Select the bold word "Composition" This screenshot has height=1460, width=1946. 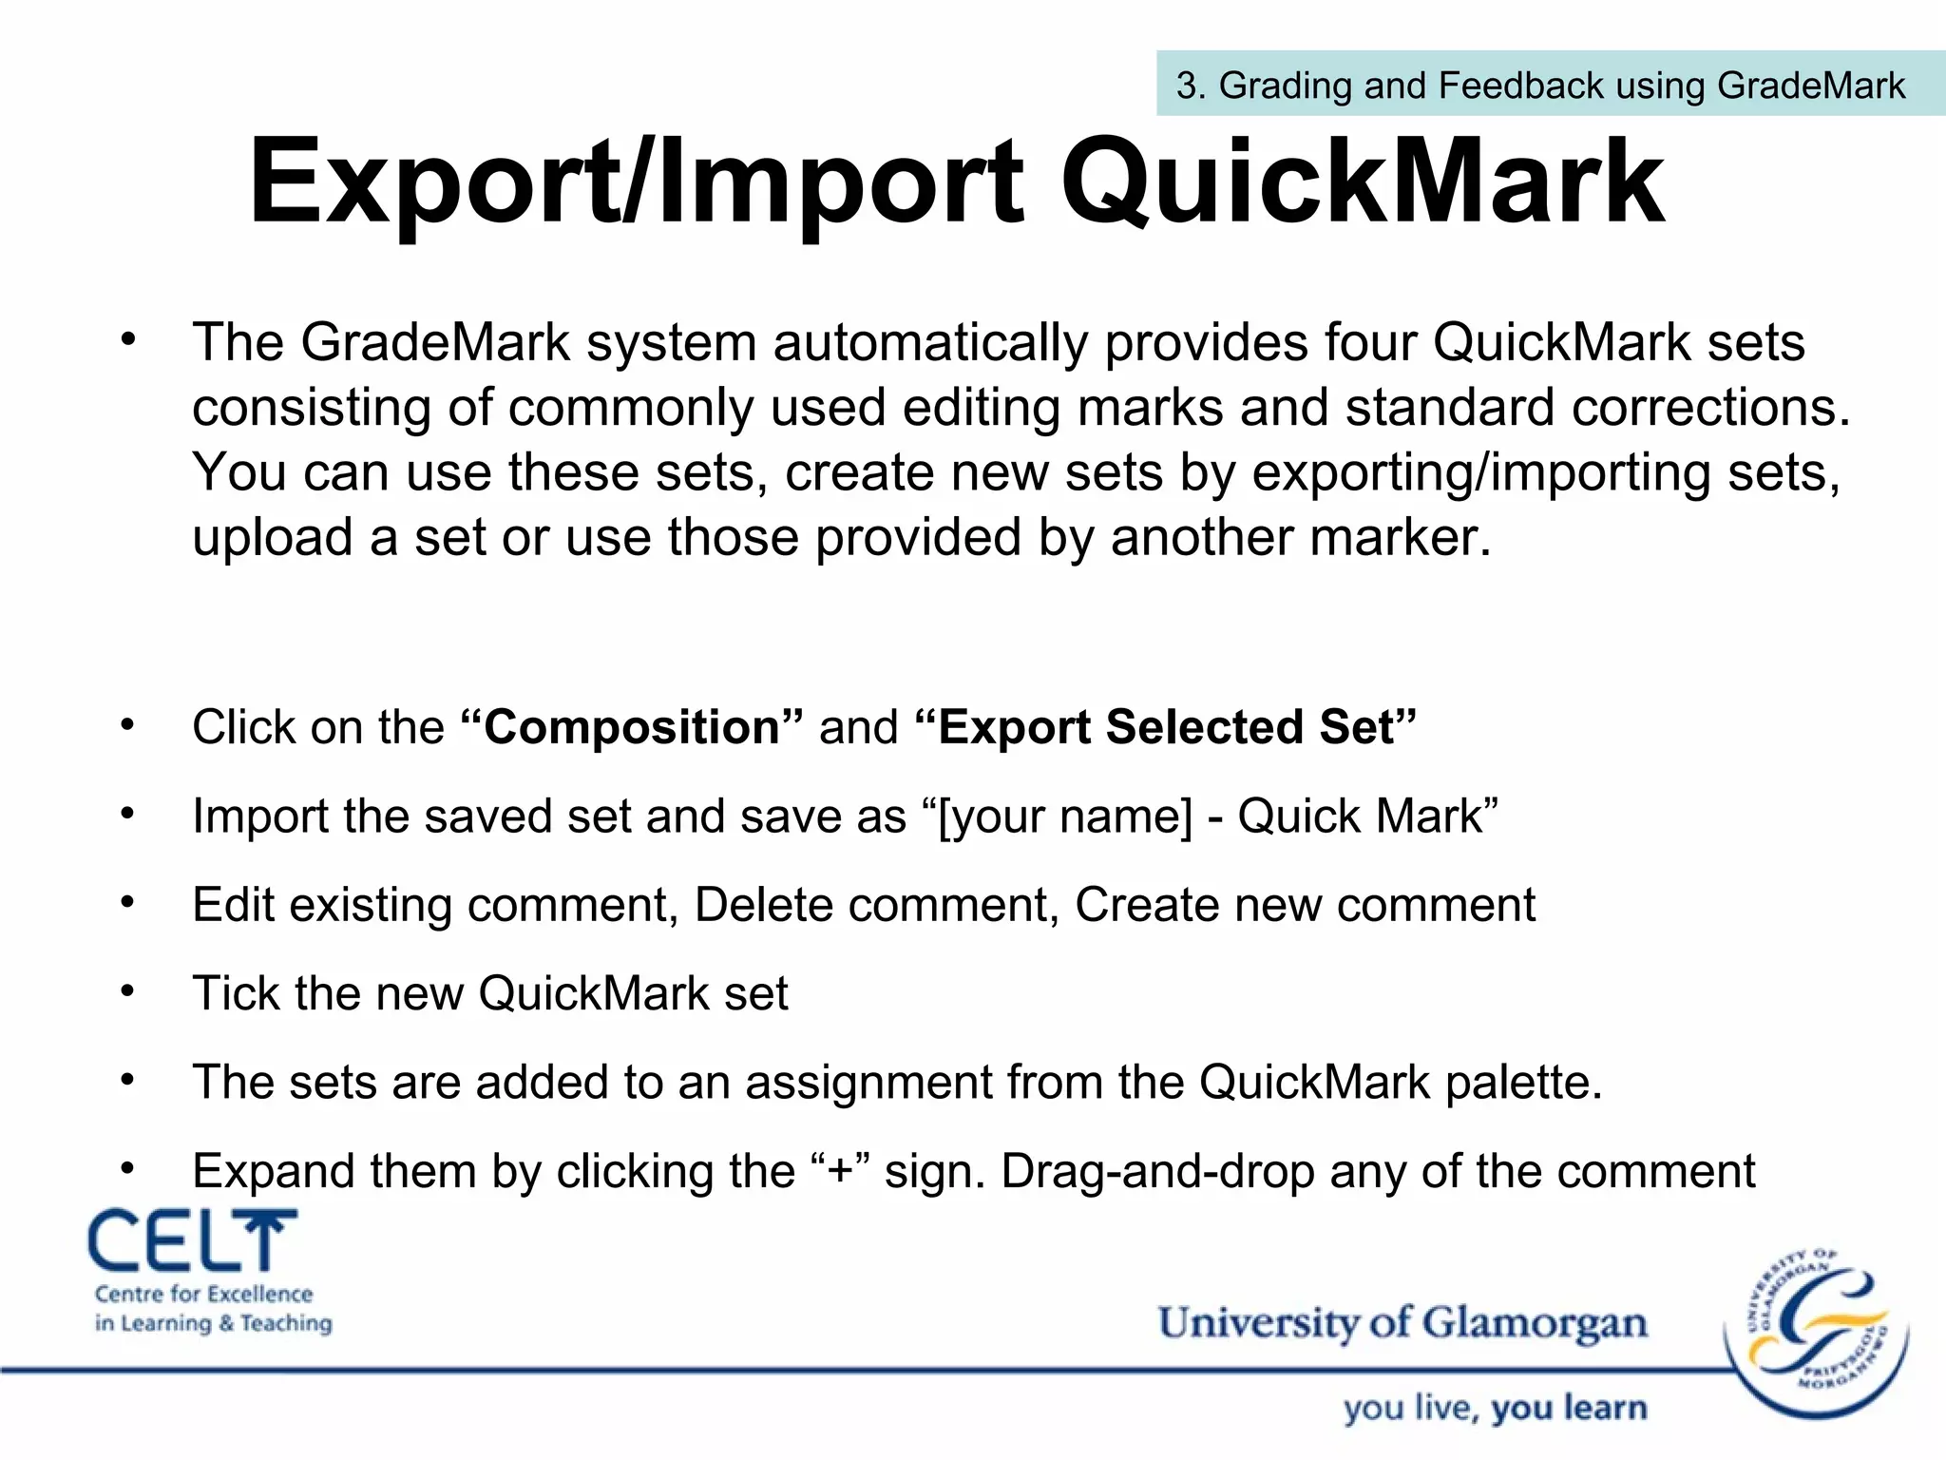pos(632,727)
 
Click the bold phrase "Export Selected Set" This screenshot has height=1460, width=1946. pos(1166,727)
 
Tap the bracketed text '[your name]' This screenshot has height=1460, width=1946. pos(1064,816)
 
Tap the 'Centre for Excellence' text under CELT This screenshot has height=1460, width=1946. pos(203,1294)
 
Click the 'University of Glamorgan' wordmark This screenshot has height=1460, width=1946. pos(1402,1323)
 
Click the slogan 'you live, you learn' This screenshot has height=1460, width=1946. pos(1495,1408)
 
